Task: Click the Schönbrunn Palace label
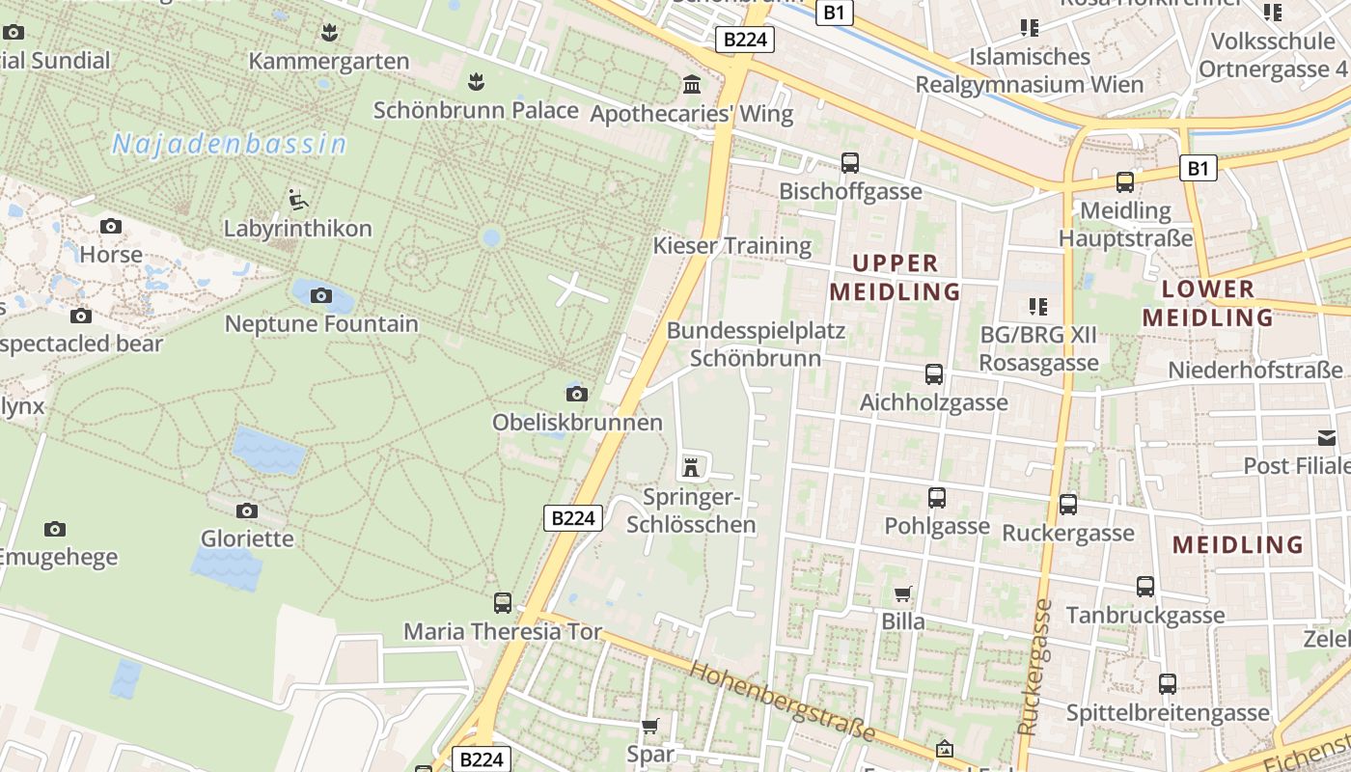click(x=476, y=110)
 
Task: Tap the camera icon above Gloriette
click(x=247, y=510)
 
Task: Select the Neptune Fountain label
click(x=321, y=324)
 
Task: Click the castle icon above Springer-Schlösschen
click(x=691, y=468)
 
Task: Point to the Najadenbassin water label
click(x=229, y=145)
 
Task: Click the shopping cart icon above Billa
click(x=903, y=593)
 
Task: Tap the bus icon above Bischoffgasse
click(x=850, y=163)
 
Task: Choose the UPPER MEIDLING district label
click(x=895, y=277)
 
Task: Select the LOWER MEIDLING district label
click(x=1207, y=303)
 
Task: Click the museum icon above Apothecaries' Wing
click(x=692, y=85)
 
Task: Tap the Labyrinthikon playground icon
click(x=298, y=200)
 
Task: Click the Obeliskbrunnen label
click(x=577, y=423)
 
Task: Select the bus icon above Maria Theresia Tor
click(x=503, y=603)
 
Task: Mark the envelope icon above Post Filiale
click(x=1327, y=438)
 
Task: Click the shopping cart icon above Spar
click(x=651, y=726)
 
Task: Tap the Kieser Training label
click(x=732, y=245)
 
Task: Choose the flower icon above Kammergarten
click(x=329, y=33)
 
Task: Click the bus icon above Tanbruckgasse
click(x=1145, y=587)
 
